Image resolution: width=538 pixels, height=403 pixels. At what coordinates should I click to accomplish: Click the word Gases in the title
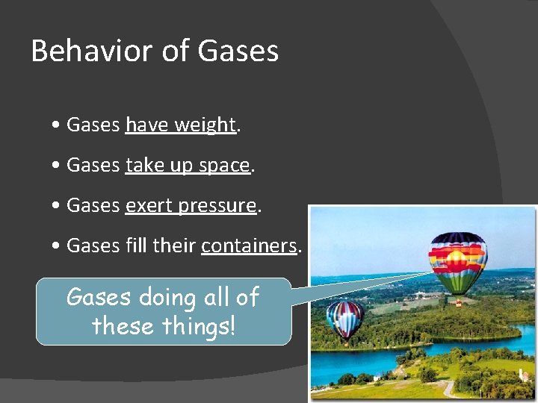(238, 51)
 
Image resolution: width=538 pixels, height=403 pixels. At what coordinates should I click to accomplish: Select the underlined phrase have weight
(181, 125)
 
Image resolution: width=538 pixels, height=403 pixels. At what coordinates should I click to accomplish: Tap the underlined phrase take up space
(188, 166)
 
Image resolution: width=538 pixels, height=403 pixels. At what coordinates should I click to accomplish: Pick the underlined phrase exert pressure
(191, 206)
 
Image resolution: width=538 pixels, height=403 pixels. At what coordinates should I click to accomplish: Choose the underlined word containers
(250, 246)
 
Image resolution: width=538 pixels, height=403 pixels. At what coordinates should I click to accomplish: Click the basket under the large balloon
(458, 303)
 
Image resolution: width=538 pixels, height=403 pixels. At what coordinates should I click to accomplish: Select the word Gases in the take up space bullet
(93, 166)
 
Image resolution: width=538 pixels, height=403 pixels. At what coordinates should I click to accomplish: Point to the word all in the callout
(216, 297)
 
